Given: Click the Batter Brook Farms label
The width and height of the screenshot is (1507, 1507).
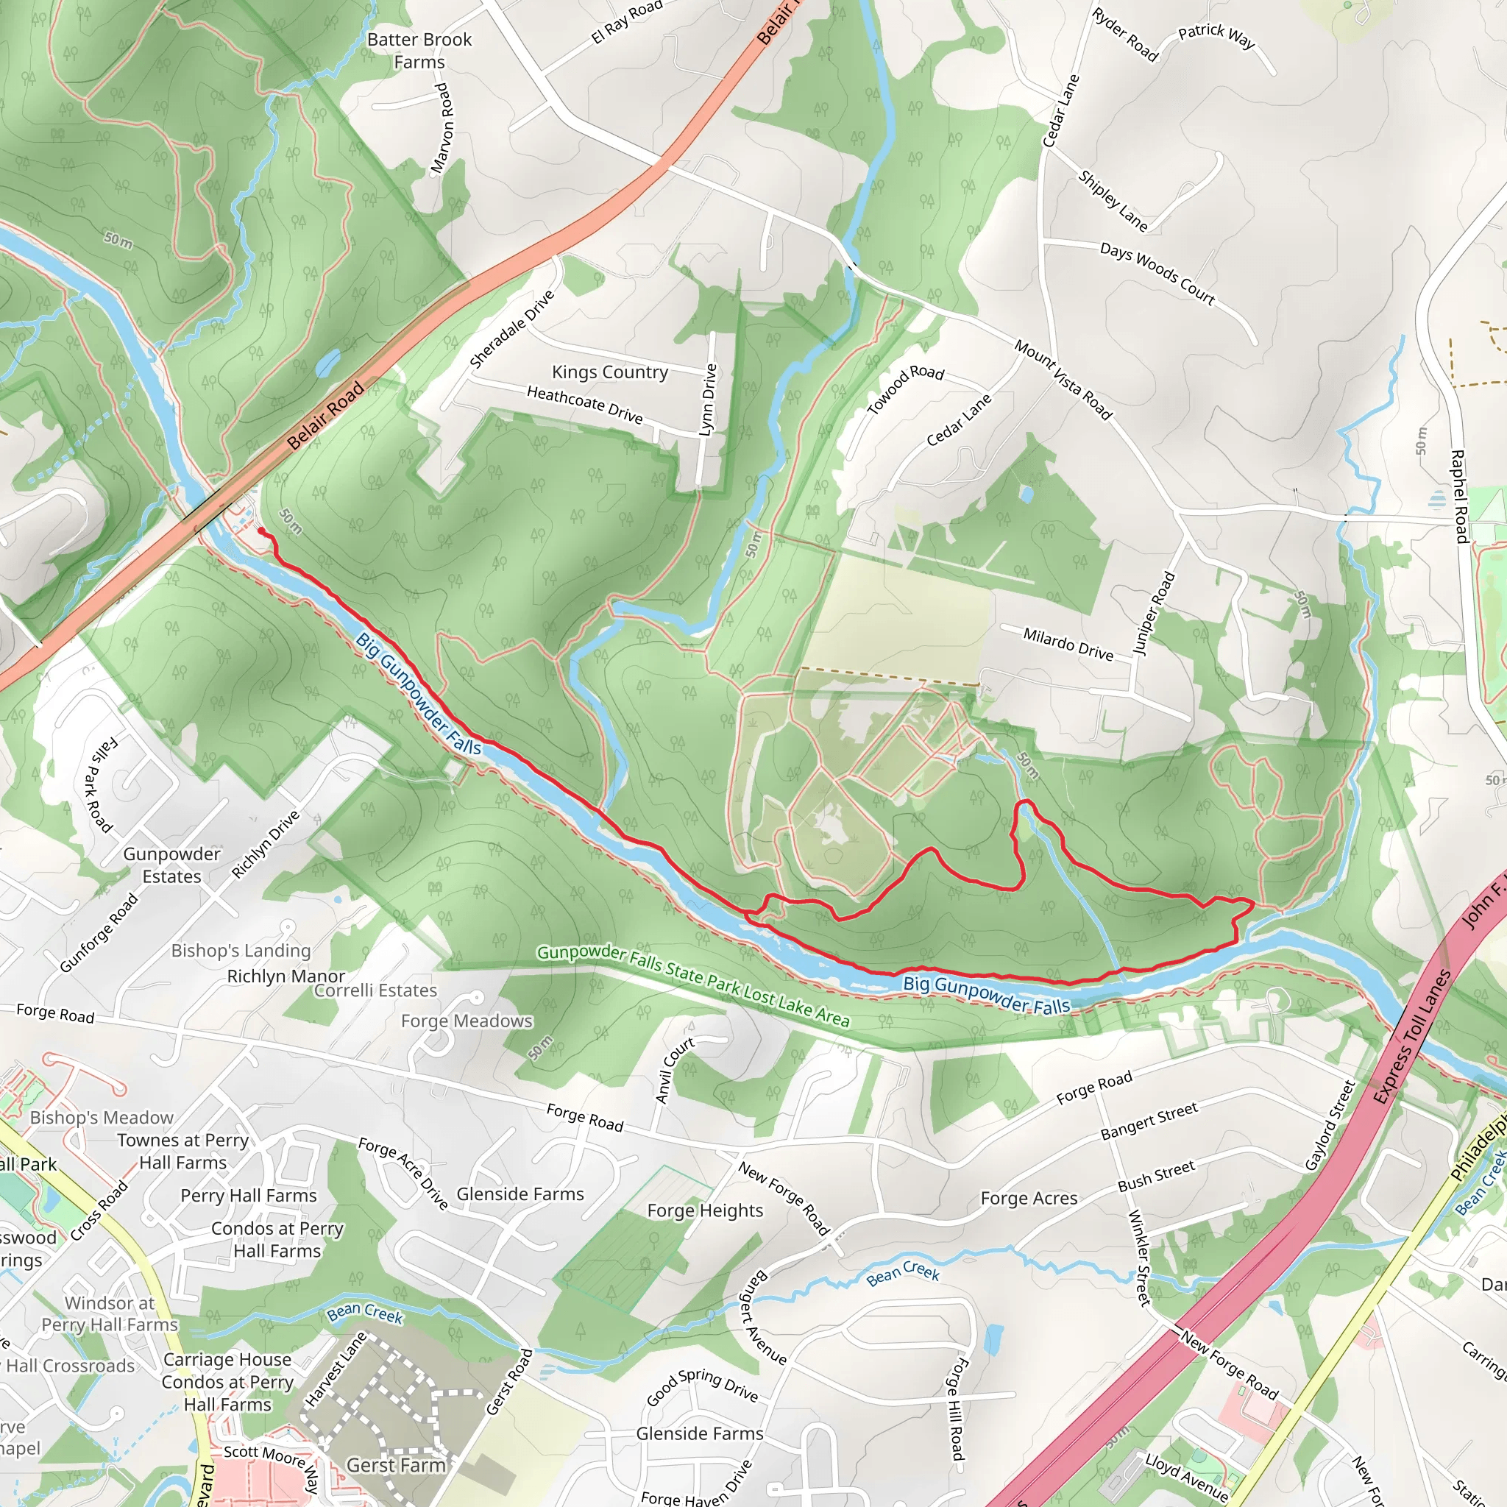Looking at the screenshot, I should (419, 51).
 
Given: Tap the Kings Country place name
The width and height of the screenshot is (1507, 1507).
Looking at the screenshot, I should (609, 372).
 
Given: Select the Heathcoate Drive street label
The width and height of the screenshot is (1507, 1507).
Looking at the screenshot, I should (584, 405).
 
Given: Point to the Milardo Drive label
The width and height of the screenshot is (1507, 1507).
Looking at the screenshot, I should (1068, 644).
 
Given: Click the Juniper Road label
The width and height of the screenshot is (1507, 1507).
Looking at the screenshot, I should (1153, 614).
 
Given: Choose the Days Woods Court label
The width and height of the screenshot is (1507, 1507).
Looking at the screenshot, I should (1157, 273).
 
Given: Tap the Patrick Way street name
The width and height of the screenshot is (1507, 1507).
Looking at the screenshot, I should (1216, 35).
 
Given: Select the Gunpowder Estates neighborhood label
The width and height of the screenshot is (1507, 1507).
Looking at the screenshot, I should (171, 865).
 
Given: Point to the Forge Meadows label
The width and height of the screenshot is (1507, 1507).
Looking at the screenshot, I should (467, 1021).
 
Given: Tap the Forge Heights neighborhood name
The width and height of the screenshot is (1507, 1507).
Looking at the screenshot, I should (705, 1210).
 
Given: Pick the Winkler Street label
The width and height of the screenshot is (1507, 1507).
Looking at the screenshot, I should (1140, 1257).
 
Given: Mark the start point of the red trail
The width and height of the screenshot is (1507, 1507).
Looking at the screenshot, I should (260, 532).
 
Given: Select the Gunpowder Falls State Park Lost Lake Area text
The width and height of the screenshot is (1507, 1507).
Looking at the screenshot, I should (692, 985).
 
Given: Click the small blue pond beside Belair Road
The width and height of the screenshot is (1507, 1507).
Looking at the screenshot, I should (328, 361).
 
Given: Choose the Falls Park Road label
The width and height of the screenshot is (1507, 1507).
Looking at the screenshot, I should (99, 784).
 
